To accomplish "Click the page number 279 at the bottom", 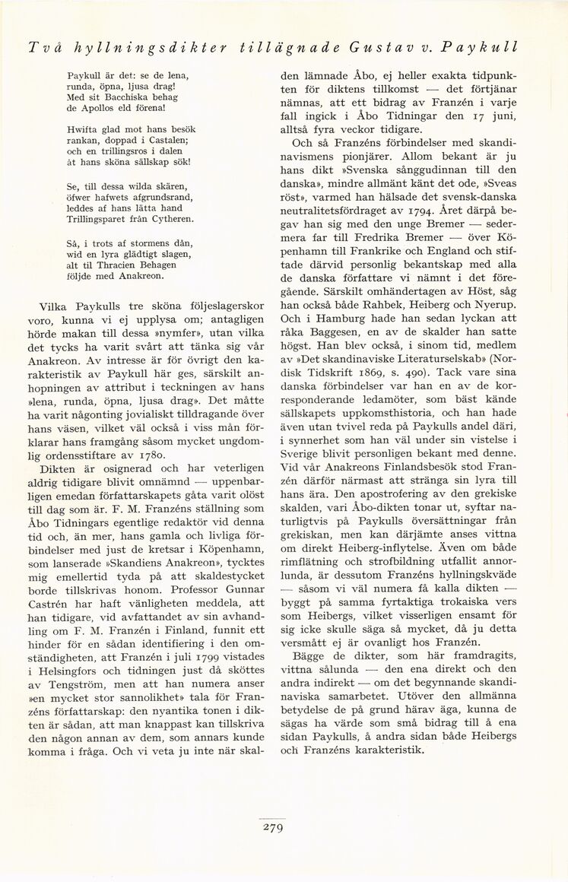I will coord(272,829).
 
